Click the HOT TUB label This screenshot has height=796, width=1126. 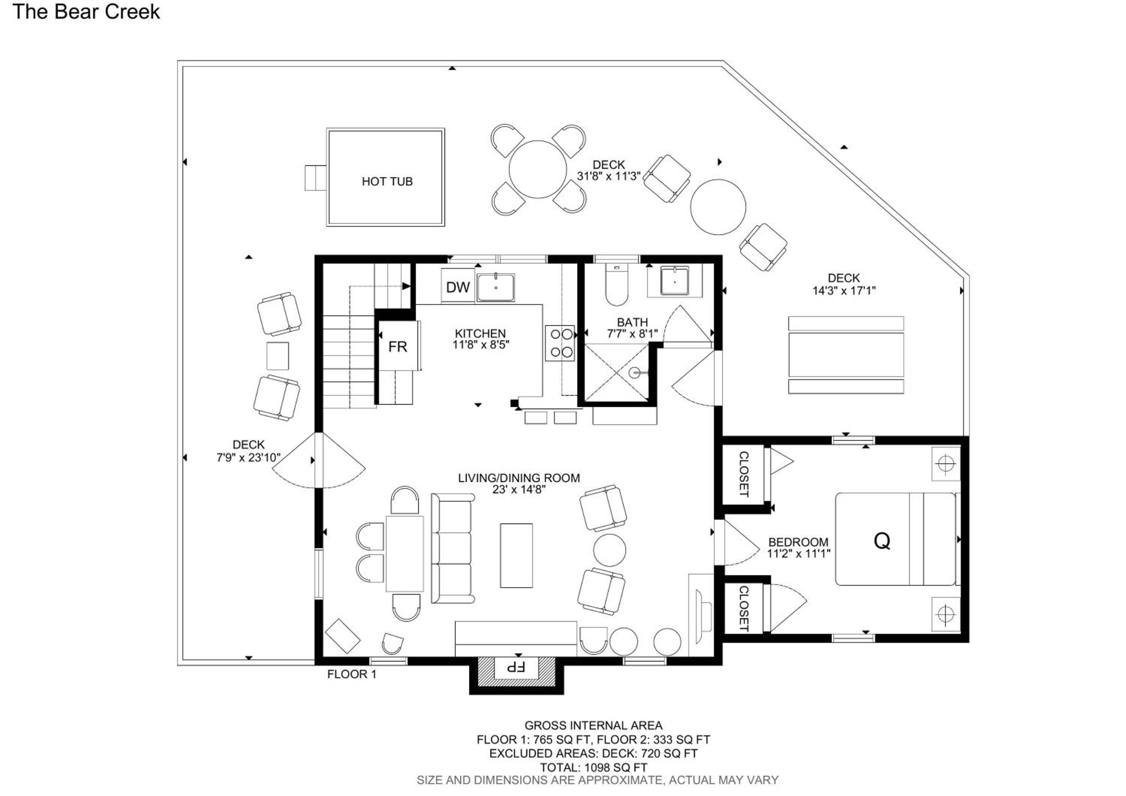tap(387, 181)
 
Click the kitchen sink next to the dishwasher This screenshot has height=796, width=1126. tap(496, 287)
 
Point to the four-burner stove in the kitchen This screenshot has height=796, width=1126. tap(560, 343)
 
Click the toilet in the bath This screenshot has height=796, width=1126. tap(616, 285)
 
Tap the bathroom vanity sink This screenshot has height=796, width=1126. tap(675, 280)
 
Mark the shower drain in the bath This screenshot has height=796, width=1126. tap(635, 373)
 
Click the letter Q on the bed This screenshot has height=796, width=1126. tap(882, 541)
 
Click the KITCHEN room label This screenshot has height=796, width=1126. tap(480, 333)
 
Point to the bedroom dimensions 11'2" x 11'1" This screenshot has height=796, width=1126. tap(799, 554)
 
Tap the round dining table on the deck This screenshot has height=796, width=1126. tap(538, 169)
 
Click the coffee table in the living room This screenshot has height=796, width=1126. tap(516, 555)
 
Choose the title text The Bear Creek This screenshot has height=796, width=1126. tap(86, 12)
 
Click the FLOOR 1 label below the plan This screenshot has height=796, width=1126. tap(352, 674)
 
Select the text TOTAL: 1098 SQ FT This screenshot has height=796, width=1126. tap(593, 767)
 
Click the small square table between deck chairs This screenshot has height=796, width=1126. tap(278, 356)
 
